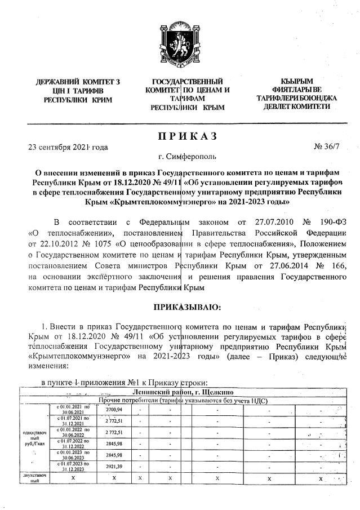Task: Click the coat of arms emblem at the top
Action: pos(180,34)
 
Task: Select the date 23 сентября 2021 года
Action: pos(68,148)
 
